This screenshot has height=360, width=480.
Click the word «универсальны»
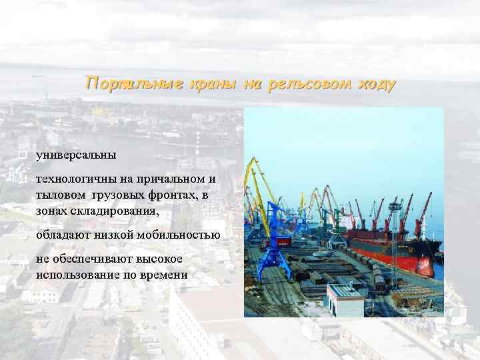pos(76,155)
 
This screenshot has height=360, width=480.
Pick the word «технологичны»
pos(77,179)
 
